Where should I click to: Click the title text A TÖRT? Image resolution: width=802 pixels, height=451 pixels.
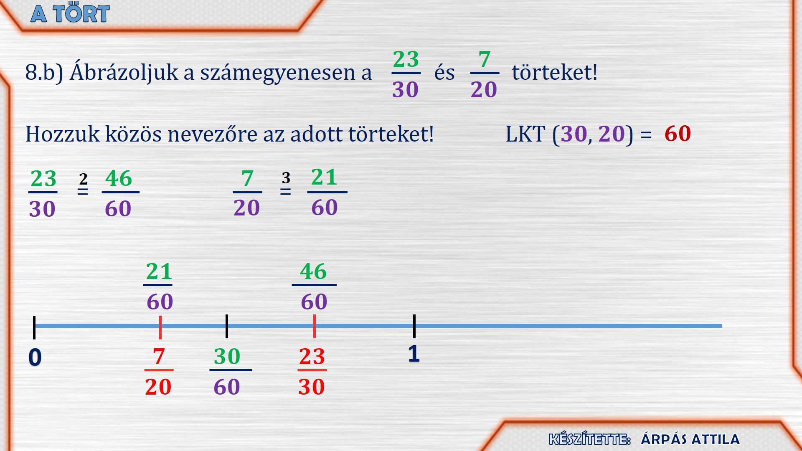pos(70,14)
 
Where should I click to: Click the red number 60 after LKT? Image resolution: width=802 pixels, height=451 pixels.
pos(678,134)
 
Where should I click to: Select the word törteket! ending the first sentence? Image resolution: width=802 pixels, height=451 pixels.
pos(555,72)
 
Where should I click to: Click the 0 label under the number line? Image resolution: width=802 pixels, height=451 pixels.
pos(35,357)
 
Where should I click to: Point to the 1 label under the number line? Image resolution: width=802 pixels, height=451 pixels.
pos(414,354)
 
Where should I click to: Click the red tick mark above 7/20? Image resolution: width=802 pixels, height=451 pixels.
pos(160,327)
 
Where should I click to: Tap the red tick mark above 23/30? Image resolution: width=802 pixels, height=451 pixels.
pos(314,326)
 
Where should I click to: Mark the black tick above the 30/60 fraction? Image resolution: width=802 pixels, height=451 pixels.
pos(226,326)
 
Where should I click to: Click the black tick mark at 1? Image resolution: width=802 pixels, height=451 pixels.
pos(414,326)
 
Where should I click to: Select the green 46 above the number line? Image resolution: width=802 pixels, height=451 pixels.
pos(313,271)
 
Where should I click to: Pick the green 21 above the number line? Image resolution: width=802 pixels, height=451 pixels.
pos(159,272)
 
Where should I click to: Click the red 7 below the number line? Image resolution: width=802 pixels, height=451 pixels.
pos(159,357)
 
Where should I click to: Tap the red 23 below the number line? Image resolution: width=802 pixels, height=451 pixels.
pos(312,357)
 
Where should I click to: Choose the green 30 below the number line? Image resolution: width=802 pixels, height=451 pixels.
pos(227,357)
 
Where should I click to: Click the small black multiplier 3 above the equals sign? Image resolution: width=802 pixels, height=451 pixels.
pos(286,178)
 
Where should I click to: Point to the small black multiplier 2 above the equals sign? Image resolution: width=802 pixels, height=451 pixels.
pos(83,179)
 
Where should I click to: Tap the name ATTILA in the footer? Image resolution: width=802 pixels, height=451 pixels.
pos(715,439)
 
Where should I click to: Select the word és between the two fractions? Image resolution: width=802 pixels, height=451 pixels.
pos(444,73)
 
